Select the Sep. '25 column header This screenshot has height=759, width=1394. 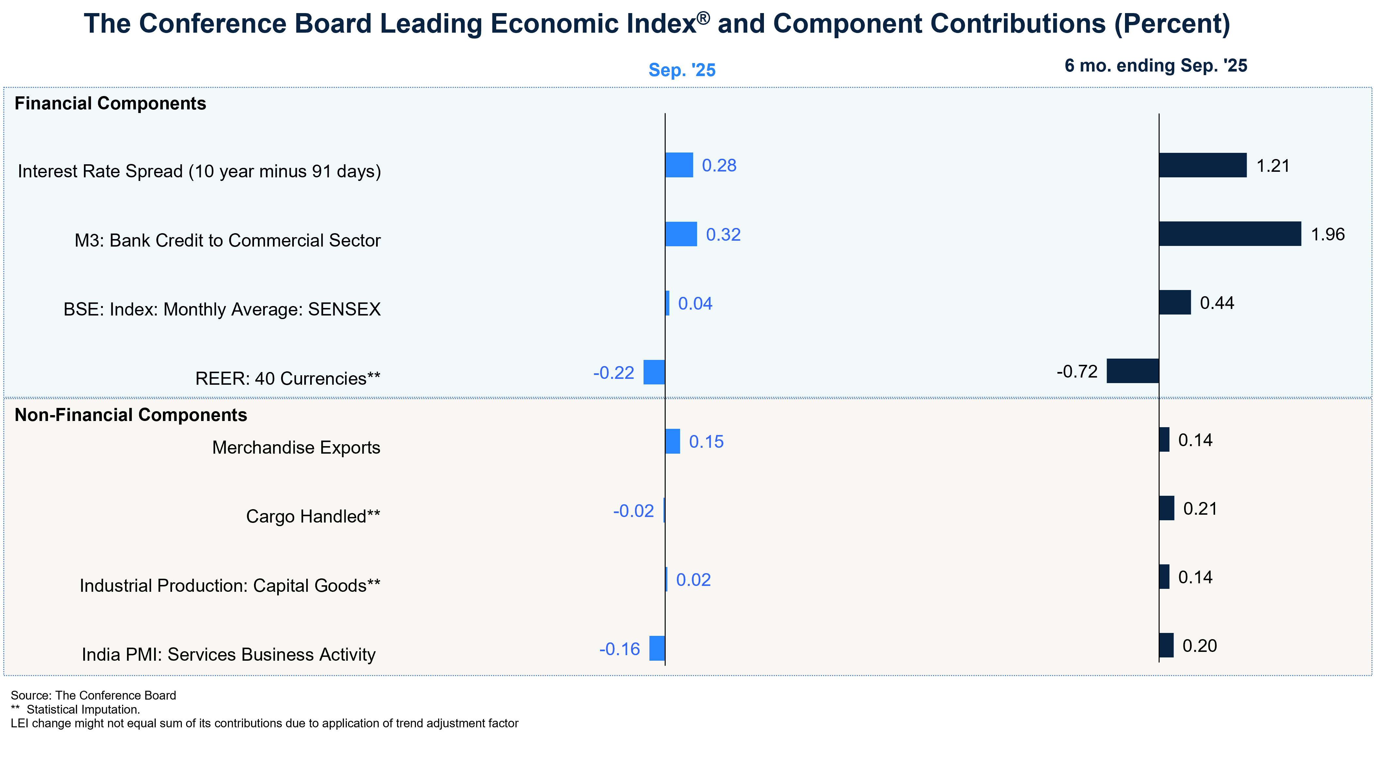682,70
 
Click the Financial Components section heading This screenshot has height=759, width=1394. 110,104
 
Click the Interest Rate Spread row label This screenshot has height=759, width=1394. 199,171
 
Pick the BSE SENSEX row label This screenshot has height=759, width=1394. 222,310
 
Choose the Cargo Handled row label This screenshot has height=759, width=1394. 313,516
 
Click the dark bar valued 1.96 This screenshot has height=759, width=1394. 1229,234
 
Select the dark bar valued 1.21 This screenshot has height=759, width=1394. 1202,165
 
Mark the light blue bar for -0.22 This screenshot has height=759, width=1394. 654,372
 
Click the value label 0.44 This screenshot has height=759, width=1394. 1217,303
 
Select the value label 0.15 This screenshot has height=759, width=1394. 706,442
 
